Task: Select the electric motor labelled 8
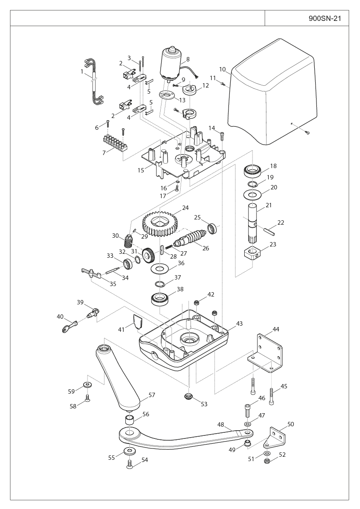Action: pos(172,64)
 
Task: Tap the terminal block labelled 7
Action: pos(114,142)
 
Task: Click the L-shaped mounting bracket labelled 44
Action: pos(266,353)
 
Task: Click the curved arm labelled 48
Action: pos(183,437)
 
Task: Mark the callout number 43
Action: pos(239,324)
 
